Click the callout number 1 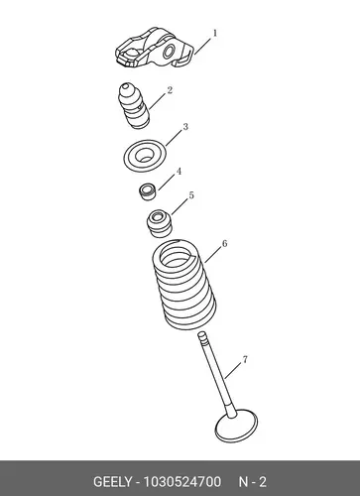215,34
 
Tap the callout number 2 170,90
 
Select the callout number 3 185,127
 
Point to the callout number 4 179,172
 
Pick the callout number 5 191,195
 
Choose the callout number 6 225,244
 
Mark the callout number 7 245,359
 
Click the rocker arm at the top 154,49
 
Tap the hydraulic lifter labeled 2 134,105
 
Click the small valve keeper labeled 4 147,192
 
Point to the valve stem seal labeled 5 160,223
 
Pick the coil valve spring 183,285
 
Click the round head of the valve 236,427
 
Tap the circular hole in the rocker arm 169,52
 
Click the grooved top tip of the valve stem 202,336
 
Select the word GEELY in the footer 112,482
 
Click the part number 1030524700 182,482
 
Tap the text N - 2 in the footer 253,482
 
